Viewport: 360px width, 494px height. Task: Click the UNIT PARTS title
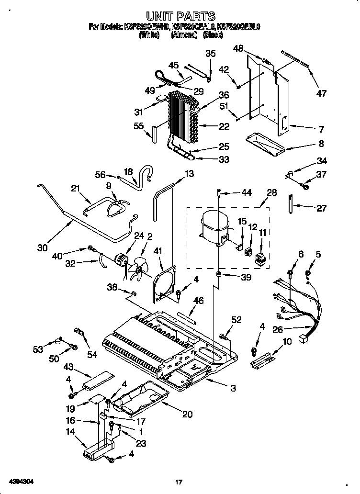pyautogui.click(x=180, y=17)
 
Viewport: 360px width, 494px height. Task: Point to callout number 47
pyautogui.click(x=321, y=93)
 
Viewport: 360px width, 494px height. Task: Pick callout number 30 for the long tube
pyautogui.click(x=43, y=247)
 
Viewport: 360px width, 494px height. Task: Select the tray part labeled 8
pyautogui.click(x=265, y=143)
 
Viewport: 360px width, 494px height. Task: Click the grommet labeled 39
pyautogui.click(x=218, y=275)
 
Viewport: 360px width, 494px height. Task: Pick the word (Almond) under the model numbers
pyautogui.click(x=184, y=35)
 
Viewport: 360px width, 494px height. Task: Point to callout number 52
pyautogui.click(x=236, y=320)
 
